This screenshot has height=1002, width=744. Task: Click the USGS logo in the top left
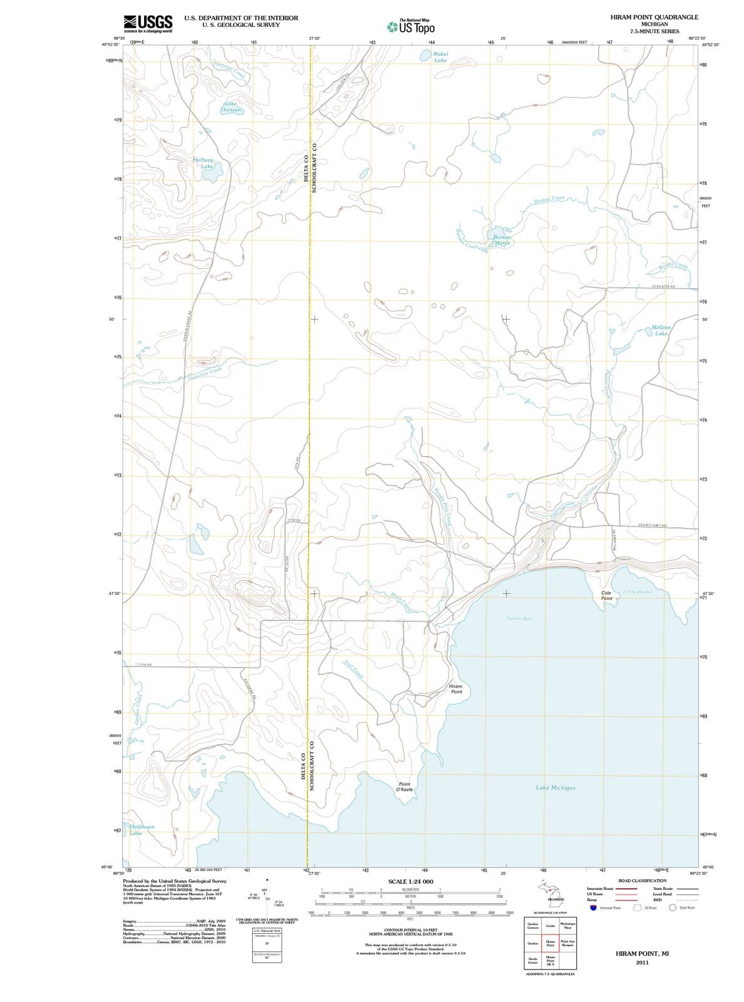pos(148,23)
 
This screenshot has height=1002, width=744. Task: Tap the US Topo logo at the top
pos(411,26)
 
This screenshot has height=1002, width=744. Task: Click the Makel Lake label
pos(440,57)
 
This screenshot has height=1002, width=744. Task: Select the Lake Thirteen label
pos(230,106)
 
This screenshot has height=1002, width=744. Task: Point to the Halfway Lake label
pos(204,163)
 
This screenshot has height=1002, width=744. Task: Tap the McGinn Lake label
pos(661,330)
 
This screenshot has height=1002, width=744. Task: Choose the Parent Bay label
pos(519,618)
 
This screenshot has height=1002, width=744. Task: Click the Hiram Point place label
pos(456,689)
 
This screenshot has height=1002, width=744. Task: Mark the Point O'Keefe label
pos(405,787)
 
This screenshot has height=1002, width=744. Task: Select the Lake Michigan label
pos(555,787)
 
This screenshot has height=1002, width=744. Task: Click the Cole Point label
pos(606,595)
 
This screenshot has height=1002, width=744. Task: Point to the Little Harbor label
pos(638,591)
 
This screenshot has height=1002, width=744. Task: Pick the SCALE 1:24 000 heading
pos(411,881)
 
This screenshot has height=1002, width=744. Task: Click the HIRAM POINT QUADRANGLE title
pos(654,17)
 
